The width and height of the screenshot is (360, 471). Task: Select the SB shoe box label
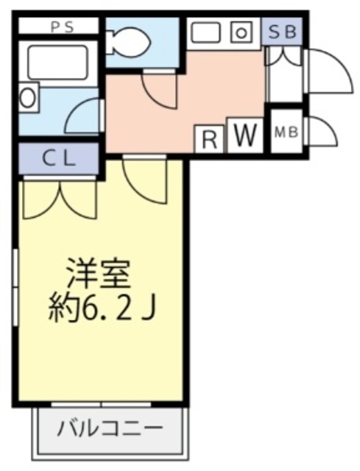click(282, 31)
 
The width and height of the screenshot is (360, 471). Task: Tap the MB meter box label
click(286, 133)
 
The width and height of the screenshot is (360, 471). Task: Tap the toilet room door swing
click(158, 92)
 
